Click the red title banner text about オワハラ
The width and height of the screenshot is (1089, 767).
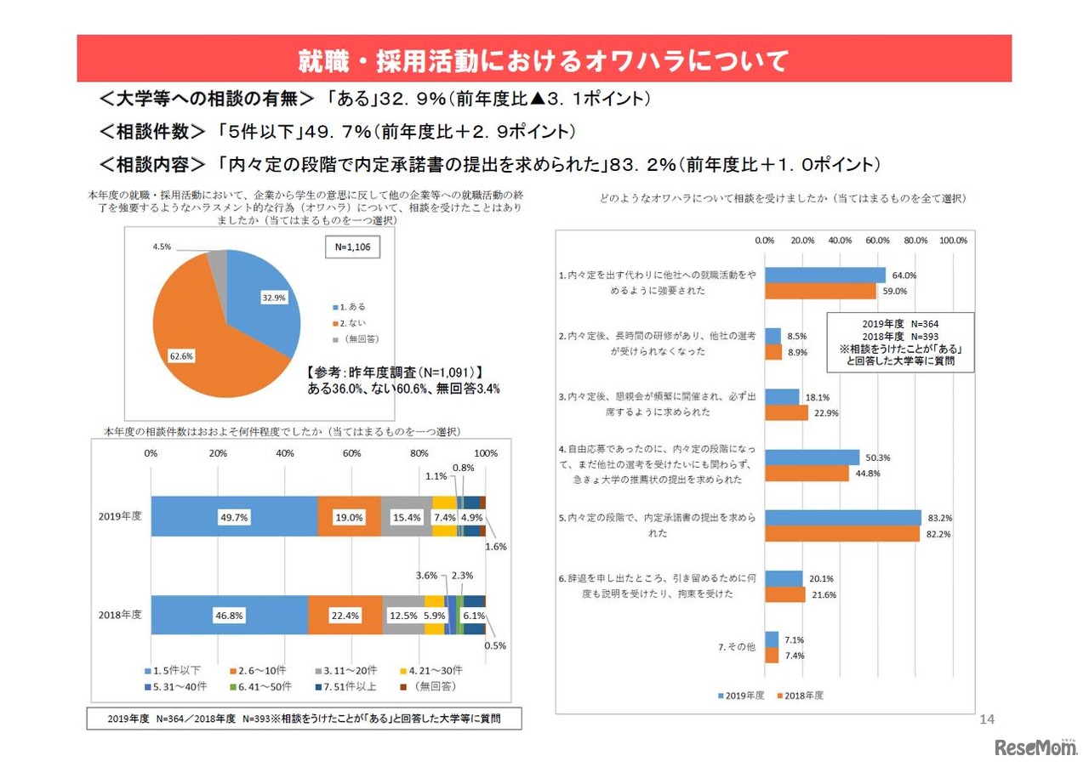pos(544,60)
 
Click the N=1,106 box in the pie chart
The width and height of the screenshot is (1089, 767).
pos(352,247)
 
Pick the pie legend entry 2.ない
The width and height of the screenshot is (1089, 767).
pos(351,321)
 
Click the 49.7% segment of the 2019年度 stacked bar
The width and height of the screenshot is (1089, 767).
pos(234,516)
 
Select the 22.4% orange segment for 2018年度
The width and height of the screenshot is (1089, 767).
pos(345,615)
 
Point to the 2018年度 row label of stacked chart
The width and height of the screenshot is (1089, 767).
pos(120,614)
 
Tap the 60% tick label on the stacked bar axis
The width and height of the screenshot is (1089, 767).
pos(351,453)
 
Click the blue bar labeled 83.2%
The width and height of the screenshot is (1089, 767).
pos(842,518)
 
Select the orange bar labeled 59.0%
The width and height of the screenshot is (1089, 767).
pos(820,291)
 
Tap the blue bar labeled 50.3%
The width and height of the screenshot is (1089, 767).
pos(812,457)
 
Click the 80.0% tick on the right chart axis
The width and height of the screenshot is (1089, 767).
pos(915,241)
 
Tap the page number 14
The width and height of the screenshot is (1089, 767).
pos(987,720)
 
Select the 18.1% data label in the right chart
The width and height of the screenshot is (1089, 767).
pos(818,397)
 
